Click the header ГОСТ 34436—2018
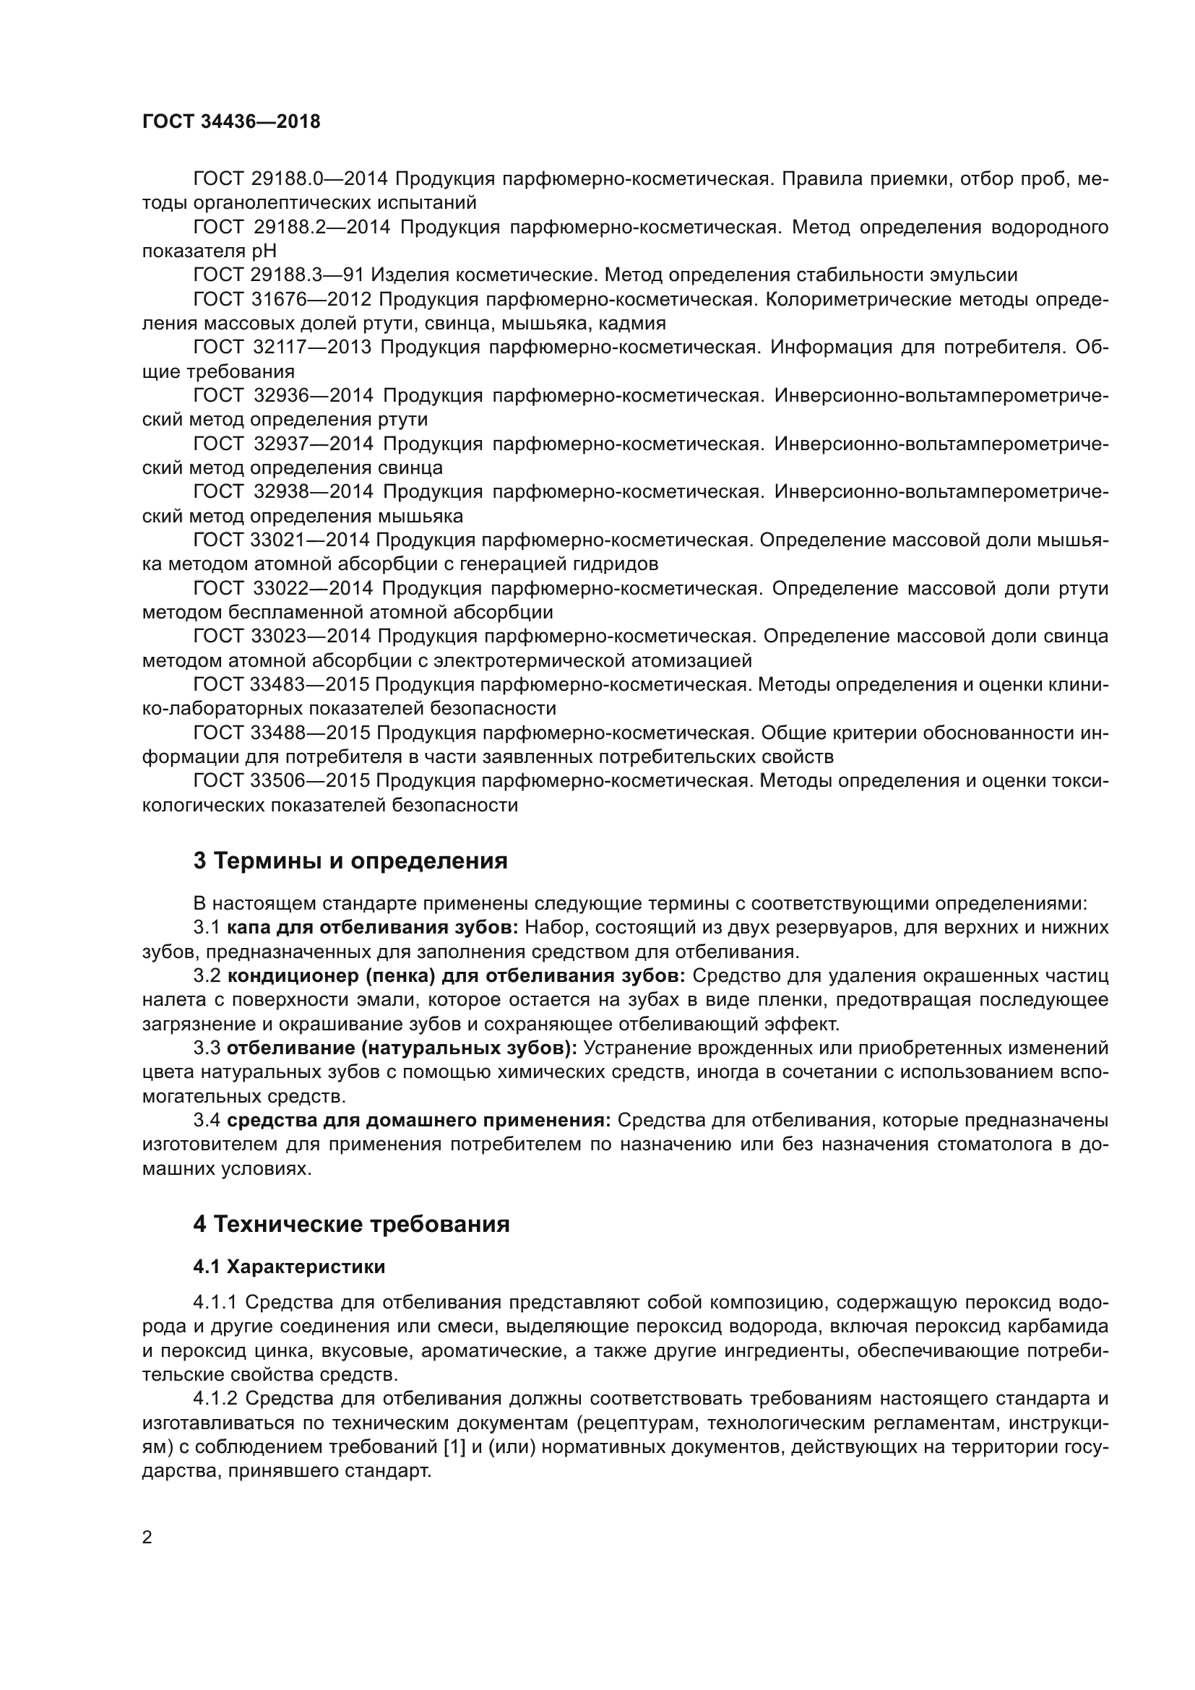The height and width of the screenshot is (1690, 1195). click(231, 122)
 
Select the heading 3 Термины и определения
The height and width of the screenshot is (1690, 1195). click(350, 861)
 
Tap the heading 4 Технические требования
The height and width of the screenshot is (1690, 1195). click(351, 1224)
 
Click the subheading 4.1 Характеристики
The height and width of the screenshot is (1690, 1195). click(289, 1267)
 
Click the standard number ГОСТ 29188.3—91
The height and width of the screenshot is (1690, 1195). click(279, 275)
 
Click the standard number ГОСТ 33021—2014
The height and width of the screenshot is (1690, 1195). click(281, 540)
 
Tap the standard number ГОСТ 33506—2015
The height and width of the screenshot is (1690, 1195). click(281, 781)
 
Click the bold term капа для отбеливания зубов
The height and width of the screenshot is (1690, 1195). click(372, 928)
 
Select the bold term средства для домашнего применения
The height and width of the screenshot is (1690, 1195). click(419, 1121)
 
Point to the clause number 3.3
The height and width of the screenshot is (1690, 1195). click(207, 1048)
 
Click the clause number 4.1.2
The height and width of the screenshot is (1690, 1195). click(215, 1398)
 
